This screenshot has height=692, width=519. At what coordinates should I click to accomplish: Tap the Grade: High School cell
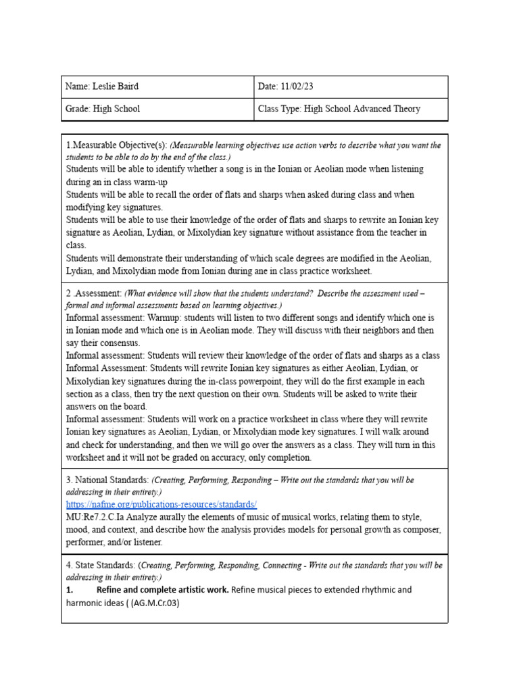tap(103, 108)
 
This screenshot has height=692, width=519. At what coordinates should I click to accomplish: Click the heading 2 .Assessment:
tap(93, 294)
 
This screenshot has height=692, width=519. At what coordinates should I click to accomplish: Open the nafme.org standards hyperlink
tap(162, 504)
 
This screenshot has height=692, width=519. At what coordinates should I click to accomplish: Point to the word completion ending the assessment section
tap(289, 458)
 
